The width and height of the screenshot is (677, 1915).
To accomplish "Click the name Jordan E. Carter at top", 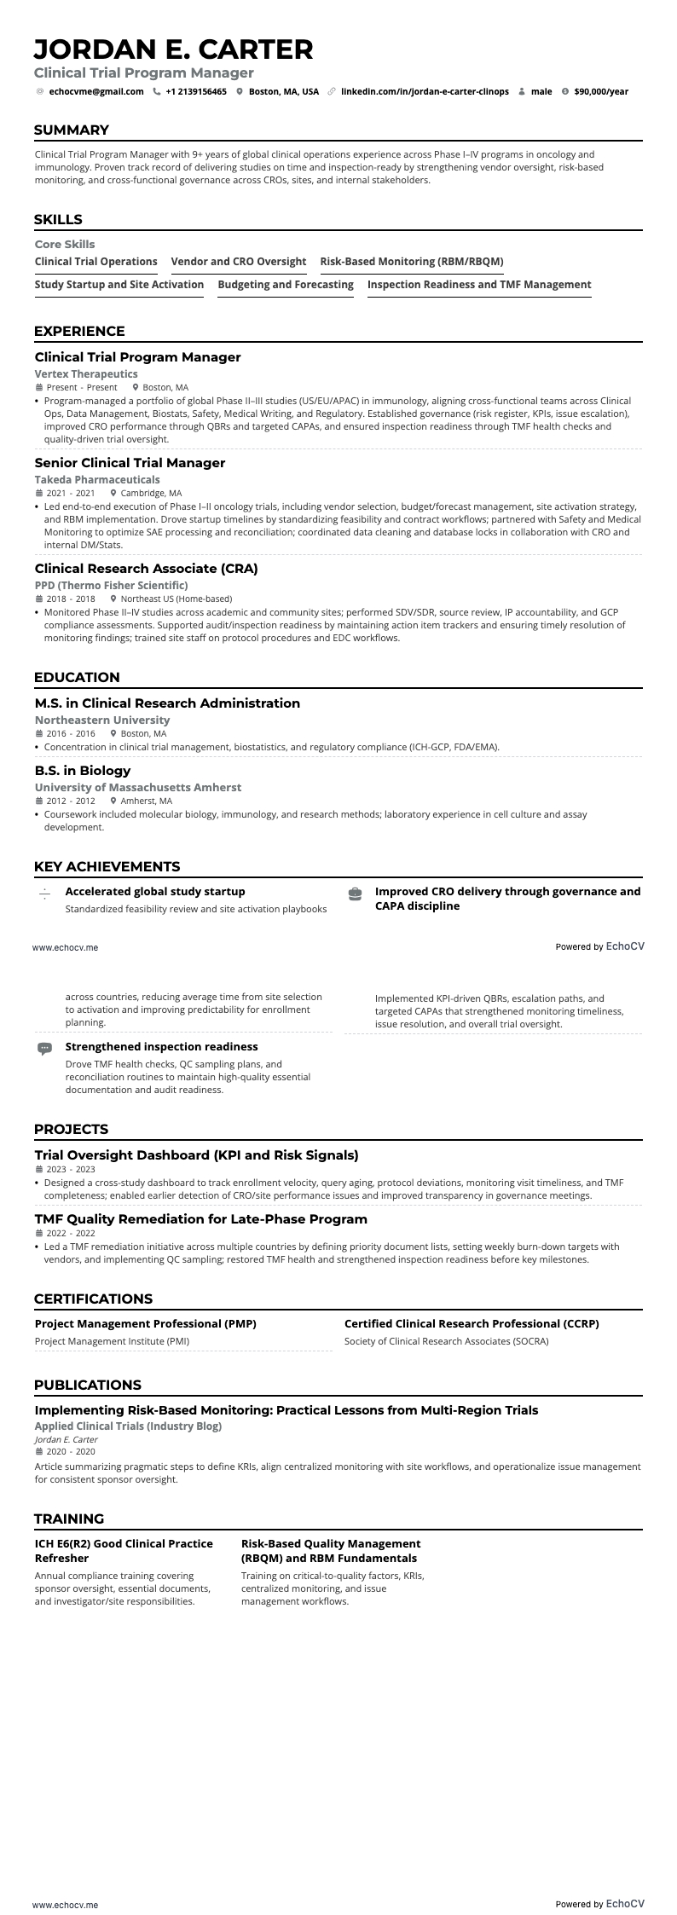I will click(173, 49).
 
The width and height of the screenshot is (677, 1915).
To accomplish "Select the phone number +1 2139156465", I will click(196, 91).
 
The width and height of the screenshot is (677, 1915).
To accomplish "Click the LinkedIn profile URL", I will click(425, 91).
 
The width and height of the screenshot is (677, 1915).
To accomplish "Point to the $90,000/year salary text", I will click(601, 91).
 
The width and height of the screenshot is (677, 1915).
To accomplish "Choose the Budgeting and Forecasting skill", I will click(286, 285).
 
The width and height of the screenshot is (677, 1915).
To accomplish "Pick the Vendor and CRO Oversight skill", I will click(239, 262).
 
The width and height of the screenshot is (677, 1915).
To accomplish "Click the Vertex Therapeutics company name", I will click(86, 373).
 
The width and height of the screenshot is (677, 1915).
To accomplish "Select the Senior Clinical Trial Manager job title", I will click(130, 463).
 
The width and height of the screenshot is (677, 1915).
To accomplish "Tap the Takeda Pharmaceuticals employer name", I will click(97, 480).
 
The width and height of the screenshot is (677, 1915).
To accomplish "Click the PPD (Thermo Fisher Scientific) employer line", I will click(111, 585).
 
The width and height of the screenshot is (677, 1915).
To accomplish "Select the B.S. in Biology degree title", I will click(83, 771).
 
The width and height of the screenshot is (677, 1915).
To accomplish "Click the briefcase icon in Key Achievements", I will click(355, 894).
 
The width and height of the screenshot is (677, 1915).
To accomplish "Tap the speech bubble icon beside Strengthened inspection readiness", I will click(44, 1048).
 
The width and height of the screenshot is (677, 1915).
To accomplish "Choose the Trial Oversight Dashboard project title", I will click(196, 1155).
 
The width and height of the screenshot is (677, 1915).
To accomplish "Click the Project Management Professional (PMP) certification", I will click(146, 1324).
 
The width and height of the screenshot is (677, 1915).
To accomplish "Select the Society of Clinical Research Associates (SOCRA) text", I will click(446, 1341).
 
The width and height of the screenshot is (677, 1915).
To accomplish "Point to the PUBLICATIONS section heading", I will click(88, 1385).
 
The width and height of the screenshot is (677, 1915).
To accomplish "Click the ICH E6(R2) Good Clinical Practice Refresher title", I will click(124, 1550).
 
